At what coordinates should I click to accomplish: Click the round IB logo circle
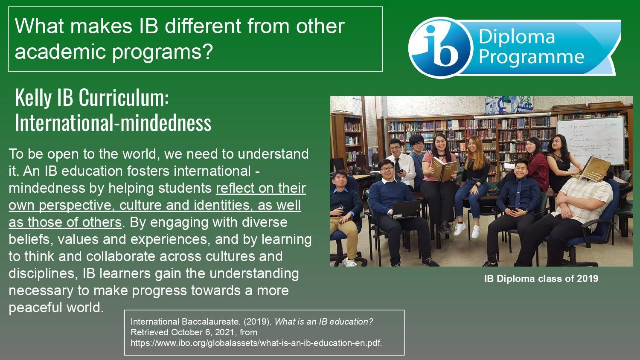click(439, 47)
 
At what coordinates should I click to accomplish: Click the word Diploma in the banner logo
click(517, 37)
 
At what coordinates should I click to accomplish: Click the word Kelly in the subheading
click(33, 98)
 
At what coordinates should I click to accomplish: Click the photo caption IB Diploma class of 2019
click(541, 279)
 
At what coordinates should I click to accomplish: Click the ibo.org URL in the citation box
click(256, 343)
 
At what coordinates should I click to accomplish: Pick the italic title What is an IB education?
click(324, 322)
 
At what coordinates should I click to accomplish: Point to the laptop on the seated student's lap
click(406, 210)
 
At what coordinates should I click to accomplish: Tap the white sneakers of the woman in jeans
click(467, 230)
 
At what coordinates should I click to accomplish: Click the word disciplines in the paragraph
click(43, 273)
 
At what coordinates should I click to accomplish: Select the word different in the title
click(203, 26)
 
